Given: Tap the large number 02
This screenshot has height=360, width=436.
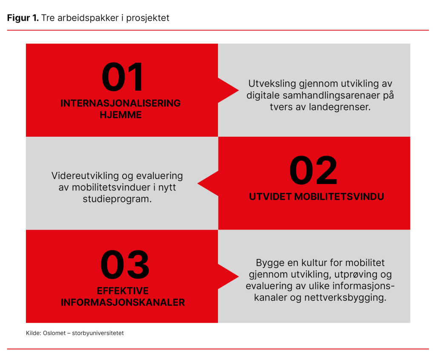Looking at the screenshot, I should [x=313, y=171].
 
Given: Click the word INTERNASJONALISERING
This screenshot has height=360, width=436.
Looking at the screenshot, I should [x=120, y=104].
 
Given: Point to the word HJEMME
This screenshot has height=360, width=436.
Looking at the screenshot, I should [x=120, y=115].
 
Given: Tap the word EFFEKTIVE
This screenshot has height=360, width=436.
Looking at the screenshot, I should [x=123, y=291].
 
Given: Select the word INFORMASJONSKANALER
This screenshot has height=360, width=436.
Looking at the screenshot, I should [x=123, y=303].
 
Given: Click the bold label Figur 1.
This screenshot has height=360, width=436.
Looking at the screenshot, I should [x=23, y=18].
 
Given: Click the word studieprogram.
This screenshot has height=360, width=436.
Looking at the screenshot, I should [x=117, y=199].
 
